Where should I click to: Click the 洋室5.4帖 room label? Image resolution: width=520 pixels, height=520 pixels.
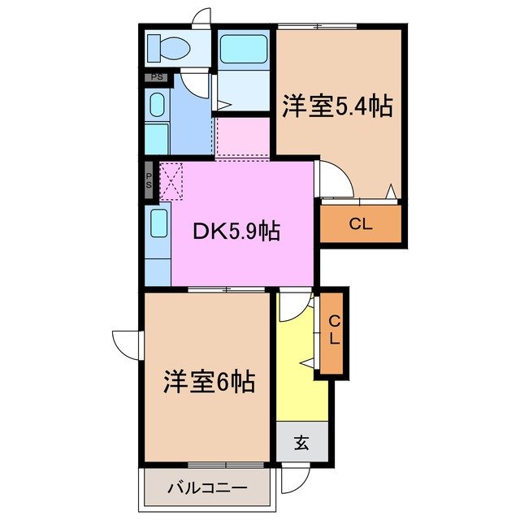(x=337, y=106)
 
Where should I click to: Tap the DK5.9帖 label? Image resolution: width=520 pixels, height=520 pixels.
(x=236, y=232)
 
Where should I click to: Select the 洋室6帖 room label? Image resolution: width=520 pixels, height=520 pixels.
(x=209, y=380)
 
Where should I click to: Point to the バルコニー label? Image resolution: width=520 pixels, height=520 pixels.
(x=207, y=488)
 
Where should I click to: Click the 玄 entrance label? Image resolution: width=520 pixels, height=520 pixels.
(x=301, y=443)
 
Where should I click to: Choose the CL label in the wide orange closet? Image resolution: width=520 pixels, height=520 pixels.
(x=361, y=224)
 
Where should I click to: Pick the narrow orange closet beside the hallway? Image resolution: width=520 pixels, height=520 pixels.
(x=333, y=331)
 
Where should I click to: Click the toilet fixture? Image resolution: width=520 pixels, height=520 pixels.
(x=169, y=49)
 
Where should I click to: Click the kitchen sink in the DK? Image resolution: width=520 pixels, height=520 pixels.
(x=158, y=223)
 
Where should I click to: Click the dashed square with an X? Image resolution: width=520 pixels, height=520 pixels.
(x=171, y=180)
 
